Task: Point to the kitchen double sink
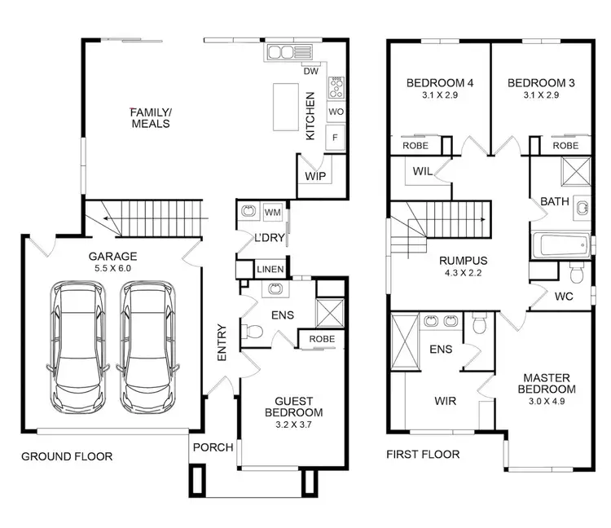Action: [281, 54]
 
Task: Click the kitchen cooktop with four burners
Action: [336, 86]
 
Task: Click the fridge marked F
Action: [335, 138]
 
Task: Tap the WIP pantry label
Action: [314, 176]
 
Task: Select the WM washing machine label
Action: [272, 213]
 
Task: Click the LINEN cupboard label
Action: [269, 270]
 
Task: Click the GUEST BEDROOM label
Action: [299, 406]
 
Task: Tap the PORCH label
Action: [213, 447]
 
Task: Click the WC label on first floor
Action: [564, 297]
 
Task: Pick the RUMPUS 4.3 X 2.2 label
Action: [463, 266]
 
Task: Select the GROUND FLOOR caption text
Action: [67, 455]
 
